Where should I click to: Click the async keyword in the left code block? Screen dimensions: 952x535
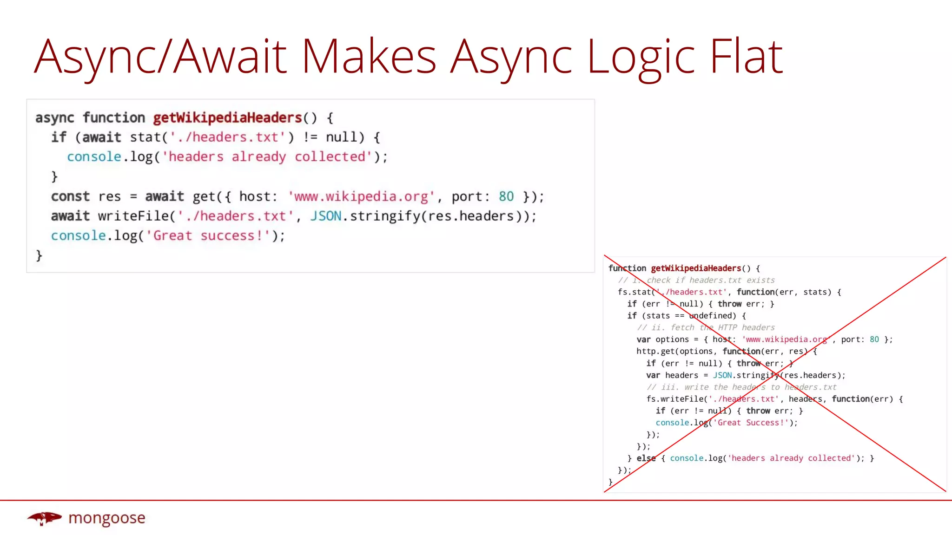coord(55,118)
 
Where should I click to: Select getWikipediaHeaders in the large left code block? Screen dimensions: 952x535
coord(228,118)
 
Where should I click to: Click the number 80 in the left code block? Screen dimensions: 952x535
coord(506,196)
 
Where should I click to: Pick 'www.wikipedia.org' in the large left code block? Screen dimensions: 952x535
coord(361,196)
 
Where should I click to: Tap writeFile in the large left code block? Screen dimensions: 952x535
coord(133,216)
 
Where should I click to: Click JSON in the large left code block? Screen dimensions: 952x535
coord(326,216)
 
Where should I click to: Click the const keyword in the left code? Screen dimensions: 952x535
coord(70,196)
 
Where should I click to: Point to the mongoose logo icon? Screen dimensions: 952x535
coord(44,518)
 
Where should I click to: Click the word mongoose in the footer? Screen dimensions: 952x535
coord(107,518)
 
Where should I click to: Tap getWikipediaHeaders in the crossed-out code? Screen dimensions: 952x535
coord(696,268)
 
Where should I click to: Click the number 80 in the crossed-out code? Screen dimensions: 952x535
coord(874,339)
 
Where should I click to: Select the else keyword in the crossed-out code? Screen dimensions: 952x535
coord(646,458)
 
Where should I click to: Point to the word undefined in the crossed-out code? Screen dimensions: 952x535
coord(713,316)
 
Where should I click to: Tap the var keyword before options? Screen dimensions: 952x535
coord(643,339)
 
